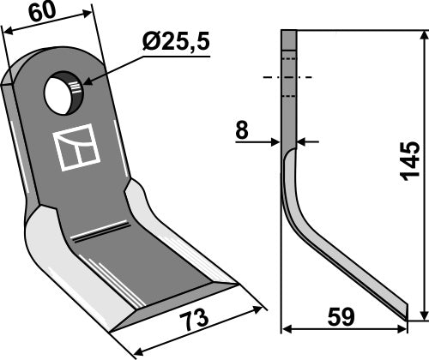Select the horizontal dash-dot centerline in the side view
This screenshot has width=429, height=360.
(288, 78)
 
